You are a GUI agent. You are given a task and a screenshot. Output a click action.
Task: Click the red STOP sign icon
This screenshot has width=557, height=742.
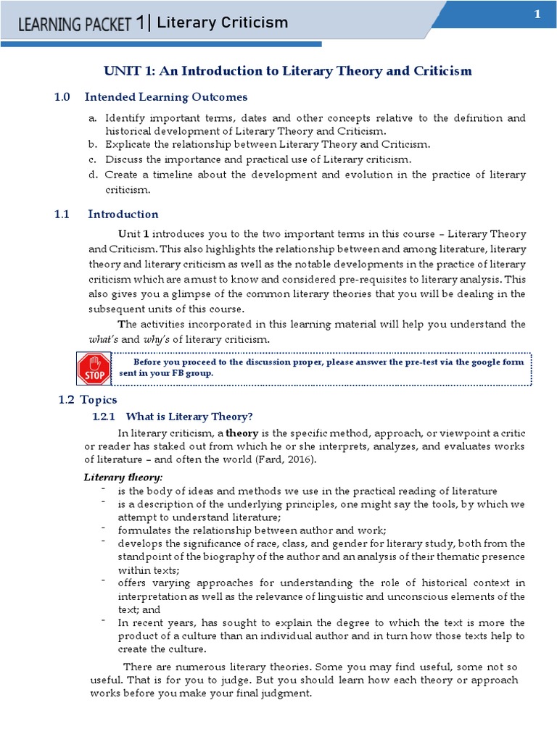[x=94, y=368]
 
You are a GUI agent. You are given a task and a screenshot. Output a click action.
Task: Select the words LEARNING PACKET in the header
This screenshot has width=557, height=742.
[x=75, y=25]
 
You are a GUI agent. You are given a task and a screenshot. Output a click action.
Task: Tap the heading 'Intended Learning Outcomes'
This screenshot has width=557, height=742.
[x=166, y=97]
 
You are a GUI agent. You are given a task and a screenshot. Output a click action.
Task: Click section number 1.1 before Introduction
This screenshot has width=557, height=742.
[x=62, y=214]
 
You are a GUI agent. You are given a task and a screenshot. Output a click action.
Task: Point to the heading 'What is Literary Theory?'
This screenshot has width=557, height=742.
[x=189, y=417]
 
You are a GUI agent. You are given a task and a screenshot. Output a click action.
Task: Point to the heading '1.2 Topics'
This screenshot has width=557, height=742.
[x=87, y=400]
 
